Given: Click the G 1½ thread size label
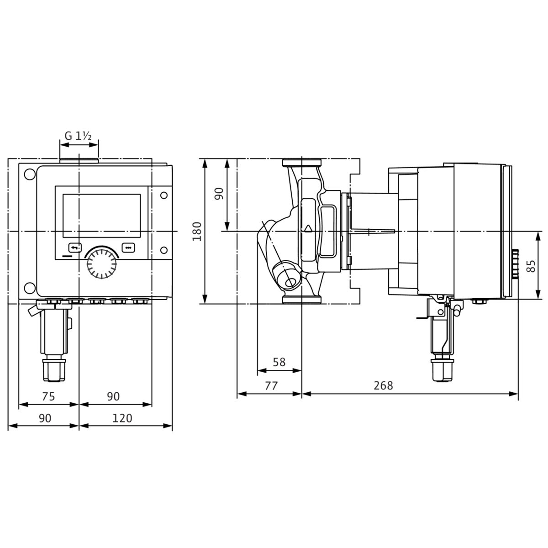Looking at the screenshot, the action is (78, 136).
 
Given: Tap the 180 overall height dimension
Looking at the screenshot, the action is (197, 231).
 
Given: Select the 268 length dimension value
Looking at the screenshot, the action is (383, 385).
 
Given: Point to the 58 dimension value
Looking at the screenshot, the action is (279, 362).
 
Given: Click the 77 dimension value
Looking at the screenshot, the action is (271, 385).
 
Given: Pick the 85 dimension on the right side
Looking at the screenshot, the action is (531, 266).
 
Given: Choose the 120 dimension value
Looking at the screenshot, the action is (122, 418).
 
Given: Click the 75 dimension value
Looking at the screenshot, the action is (48, 396).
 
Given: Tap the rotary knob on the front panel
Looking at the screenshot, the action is (101, 263).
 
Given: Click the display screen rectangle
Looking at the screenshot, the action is (101, 216).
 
